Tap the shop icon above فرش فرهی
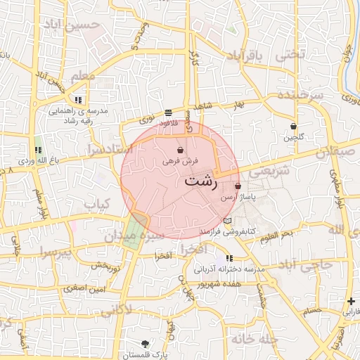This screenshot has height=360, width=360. (x=181, y=150)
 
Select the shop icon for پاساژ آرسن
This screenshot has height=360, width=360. (x=238, y=187)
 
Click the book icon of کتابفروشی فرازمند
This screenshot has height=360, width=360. (x=226, y=221)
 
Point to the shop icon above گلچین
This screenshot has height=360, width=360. (x=293, y=127)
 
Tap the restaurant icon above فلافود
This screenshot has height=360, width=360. (x=168, y=112)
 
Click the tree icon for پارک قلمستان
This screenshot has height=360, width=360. (x=145, y=344)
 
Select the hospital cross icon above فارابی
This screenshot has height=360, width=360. (x=351, y=301)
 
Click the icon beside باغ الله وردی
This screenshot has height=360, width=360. (x=38, y=150)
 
